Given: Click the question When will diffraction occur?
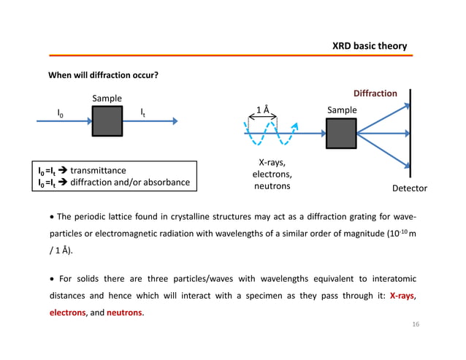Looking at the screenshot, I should pyautogui.click(x=104, y=75).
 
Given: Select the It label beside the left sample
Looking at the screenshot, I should pyautogui.click(x=143, y=112).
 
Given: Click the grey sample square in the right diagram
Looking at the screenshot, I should pyautogui.click(x=341, y=134).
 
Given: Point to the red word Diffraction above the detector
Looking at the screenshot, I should pyautogui.click(x=375, y=93).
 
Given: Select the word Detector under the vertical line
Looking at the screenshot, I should pyautogui.click(x=409, y=188).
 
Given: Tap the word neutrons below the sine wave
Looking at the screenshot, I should pyautogui.click(x=272, y=186).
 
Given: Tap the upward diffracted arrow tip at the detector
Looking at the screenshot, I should pyautogui.click(x=406, y=104).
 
